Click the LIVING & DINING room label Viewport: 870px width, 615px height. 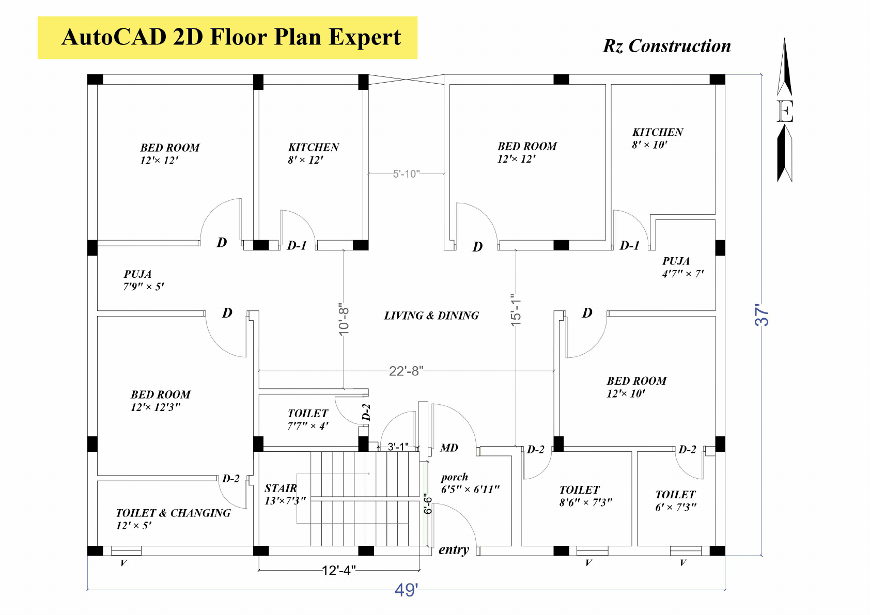click(x=431, y=316)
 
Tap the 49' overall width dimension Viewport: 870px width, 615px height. click(x=406, y=590)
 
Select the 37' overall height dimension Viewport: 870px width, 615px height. click(x=762, y=314)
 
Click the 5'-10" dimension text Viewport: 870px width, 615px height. click(x=406, y=174)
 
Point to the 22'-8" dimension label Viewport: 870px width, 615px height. click(x=406, y=371)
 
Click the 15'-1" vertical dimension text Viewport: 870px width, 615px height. click(x=516, y=310)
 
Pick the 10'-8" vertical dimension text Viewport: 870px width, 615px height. click(x=344, y=319)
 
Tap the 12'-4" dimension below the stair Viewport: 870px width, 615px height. click(x=338, y=571)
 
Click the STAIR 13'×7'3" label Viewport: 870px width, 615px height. click(x=285, y=494)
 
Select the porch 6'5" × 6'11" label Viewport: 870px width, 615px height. click(x=469, y=483)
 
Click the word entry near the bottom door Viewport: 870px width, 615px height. click(x=454, y=549)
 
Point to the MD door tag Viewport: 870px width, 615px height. click(x=449, y=448)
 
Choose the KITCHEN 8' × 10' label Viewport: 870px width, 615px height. click(x=657, y=138)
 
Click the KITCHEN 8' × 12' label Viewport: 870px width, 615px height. click(x=313, y=153)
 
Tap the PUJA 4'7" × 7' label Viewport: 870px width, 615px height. click(x=682, y=267)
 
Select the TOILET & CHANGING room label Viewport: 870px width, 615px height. click(x=173, y=518)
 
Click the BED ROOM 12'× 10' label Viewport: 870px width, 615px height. click(x=636, y=387)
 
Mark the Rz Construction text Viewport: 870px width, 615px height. click(x=666, y=46)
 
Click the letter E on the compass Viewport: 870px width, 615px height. click(x=785, y=112)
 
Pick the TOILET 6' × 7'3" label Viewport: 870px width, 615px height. click(x=675, y=500)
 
